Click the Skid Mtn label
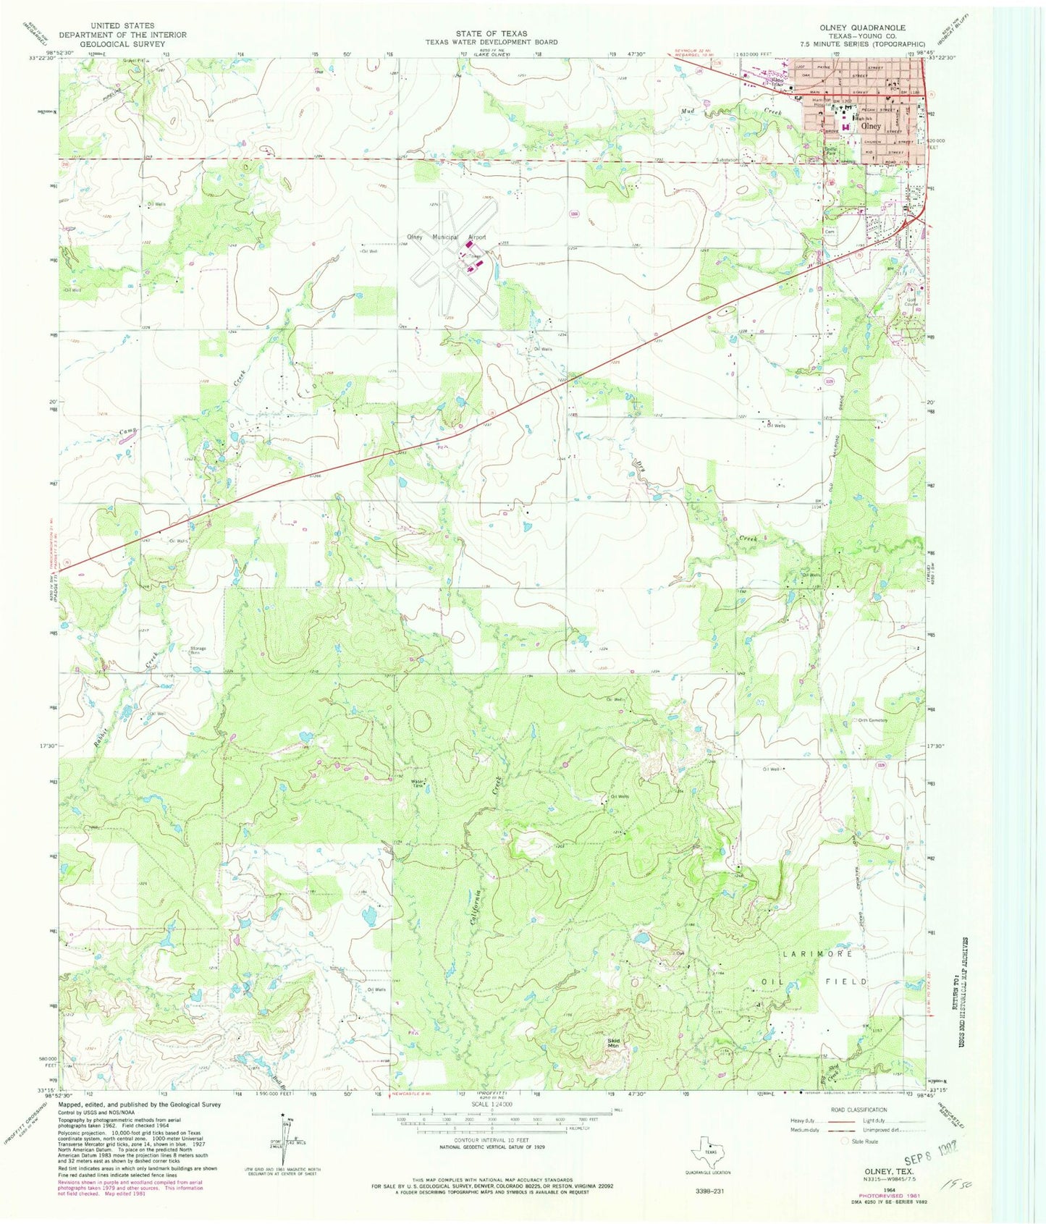tap(613, 1043)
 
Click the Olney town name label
tap(871, 126)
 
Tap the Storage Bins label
tap(198, 649)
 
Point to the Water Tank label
tap(418, 782)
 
